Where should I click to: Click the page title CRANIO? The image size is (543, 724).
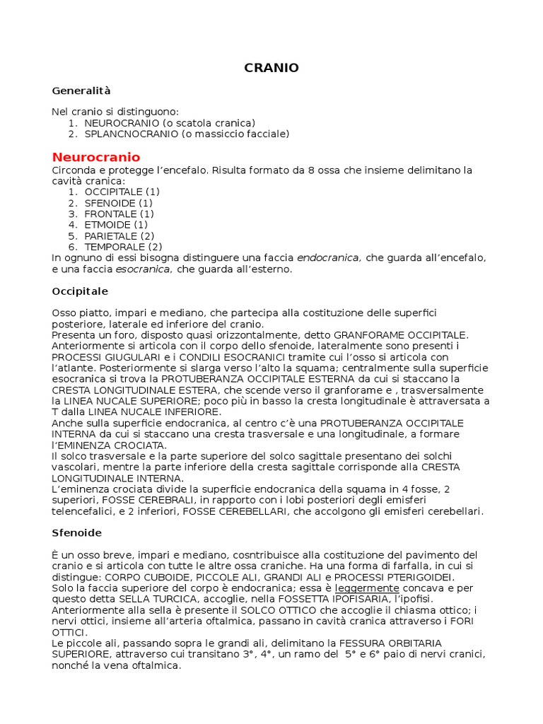coord(271,68)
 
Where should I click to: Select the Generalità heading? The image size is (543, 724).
coord(81,90)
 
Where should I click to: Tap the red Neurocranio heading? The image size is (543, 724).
coord(96,157)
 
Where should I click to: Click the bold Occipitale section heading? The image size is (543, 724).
coord(80,291)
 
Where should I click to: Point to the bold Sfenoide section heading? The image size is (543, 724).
coord(77,532)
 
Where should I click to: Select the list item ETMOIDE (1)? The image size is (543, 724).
coord(116,225)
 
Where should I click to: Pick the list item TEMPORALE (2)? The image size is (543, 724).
coord(123,247)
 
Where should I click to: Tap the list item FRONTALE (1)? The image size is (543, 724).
coord(119,214)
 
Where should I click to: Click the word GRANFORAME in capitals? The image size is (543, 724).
coord(366,334)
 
